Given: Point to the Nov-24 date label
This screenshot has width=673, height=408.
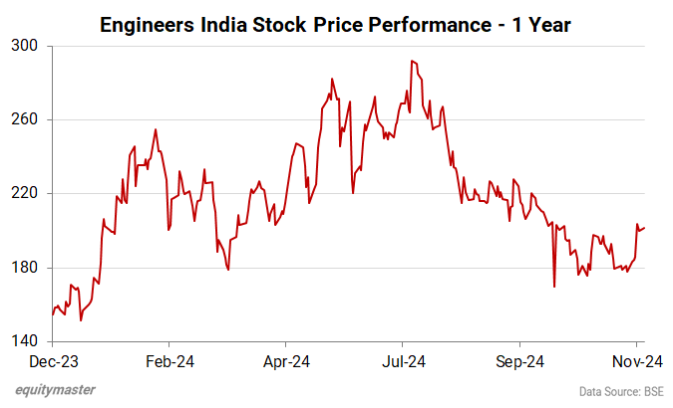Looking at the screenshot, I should click(632, 362).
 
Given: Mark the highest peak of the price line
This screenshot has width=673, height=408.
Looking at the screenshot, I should click(411, 61).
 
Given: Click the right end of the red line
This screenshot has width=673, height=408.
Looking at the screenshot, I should click(644, 228).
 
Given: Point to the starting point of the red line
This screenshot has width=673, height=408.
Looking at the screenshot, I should click(53, 314).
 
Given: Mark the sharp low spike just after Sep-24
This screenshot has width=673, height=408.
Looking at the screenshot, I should click(553, 287).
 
